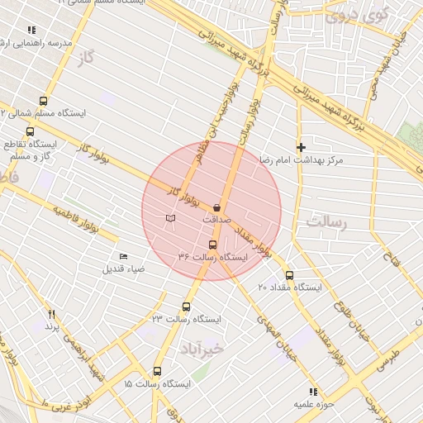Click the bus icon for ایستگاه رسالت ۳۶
pyautogui.click(x=212, y=245)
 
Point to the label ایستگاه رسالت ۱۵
pyautogui.click(x=157, y=384)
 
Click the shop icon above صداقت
pyautogui.click(x=217, y=207)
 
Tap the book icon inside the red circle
pyautogui.click(x=169, y=218)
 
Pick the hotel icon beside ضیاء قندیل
pyautogui.click(x=124, y=256)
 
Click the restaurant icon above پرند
pyautogui.click(x=51, y=314)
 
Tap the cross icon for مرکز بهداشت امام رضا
pyautogui.click(x=301, y=146)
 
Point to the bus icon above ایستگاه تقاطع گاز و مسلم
pyautogui.click(x=31, y=131)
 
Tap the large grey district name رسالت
pyautogui.click(x=327, y=221)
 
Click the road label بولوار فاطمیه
pyautogui.click(x=76, y=220)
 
